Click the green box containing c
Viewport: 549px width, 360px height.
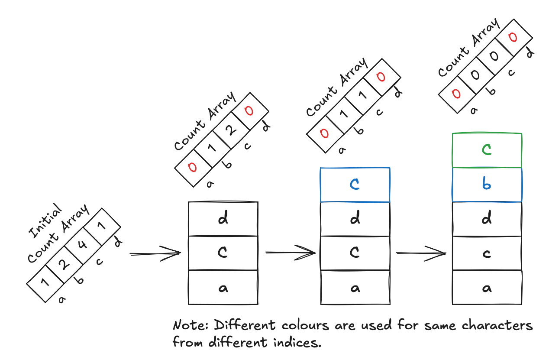tap(487, 150)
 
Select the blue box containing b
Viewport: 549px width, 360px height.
tap(487, 185)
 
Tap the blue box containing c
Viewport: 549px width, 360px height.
tap(355, 185)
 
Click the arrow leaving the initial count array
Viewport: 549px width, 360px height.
tap(155, 253)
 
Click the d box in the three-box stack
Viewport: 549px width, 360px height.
tap(223, 219)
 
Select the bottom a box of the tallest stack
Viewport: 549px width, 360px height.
tap(487, 287)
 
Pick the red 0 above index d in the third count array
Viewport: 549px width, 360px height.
tap(380, 77)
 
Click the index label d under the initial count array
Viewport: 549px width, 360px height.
tap(117, 243)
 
